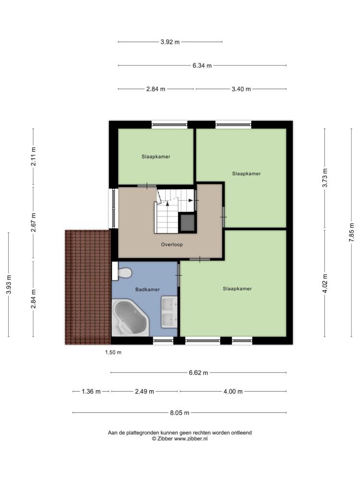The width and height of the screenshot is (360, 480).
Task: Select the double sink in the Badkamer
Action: coord(169,312)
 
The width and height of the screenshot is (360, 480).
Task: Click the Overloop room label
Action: coord(172,245)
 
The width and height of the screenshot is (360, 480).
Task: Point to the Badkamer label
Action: coord(147,289)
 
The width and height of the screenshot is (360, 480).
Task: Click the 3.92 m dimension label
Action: coord(170,42)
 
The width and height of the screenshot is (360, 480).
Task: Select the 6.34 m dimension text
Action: coord(202,65)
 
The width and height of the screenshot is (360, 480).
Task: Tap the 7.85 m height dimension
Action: coord(351,233)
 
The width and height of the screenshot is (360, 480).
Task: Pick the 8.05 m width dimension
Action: coord(180,413)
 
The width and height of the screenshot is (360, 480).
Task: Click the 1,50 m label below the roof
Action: coord(113,352)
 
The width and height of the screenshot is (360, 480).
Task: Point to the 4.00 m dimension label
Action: coord(233,391)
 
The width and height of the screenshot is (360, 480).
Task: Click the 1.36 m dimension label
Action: coord(91,391)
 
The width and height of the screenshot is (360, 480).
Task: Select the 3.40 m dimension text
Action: coord(241,89)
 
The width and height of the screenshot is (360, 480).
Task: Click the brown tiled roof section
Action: coord(88,287)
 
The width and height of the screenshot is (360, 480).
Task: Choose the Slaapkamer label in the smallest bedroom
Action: coord(156,157)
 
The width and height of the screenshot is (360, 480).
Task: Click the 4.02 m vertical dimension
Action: coord(325,284)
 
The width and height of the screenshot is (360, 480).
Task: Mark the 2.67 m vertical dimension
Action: coord(34,222)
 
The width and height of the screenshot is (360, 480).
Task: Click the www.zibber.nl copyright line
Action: coord(180,439)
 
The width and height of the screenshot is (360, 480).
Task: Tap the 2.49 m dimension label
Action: coord(144,391)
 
